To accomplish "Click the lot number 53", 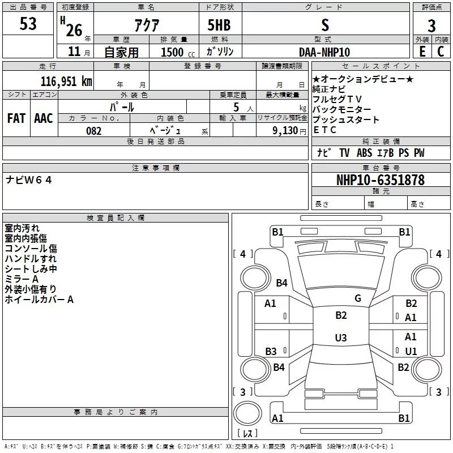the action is coord(28,23).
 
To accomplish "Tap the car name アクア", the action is coord(147,25).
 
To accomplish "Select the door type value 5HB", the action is coord(219,25).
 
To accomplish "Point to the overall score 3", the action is coord(431,25).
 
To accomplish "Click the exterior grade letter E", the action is coord(422,52).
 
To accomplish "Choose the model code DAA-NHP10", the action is coord(324,52).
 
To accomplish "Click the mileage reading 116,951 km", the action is coord(66,81).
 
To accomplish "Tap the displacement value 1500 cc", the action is coord(178,52).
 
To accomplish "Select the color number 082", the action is coord(94,131).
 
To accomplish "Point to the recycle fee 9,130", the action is coord(285,130).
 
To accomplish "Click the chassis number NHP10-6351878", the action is coord(381,180).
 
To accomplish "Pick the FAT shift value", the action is coord(16,118).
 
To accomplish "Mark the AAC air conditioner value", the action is coord(44,118).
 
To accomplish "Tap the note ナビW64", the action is coord(29,180).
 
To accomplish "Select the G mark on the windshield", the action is coord(358,298).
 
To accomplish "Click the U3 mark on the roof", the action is coord(341,337).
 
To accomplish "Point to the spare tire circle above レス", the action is coord(247,413).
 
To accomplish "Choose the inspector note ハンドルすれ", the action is coord(31,259).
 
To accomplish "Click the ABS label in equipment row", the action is coord(364,152).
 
